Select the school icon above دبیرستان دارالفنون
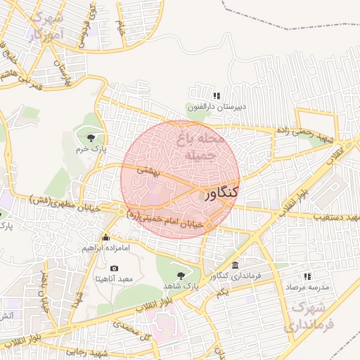point(217,96)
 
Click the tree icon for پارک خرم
point(90,136)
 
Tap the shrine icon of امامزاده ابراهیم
point(105,237)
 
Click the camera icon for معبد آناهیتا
point(115,267)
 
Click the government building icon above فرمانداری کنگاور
point(234,265)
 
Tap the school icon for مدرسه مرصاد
point(307,276)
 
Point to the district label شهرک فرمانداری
point(307,317)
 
